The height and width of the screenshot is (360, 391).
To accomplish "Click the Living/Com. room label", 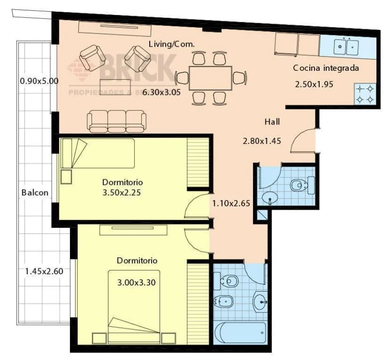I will [x=171, y=44].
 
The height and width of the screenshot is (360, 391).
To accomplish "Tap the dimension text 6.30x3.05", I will [x=162, y=92].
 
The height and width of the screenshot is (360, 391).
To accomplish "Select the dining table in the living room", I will [x=210, y=78].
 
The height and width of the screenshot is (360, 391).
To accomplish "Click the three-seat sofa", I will [x=116, y=121].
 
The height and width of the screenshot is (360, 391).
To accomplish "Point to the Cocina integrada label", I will [x=326, y=68].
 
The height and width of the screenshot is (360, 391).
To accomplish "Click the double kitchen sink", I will [x=346, y=47].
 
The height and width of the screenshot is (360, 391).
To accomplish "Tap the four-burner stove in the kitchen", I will [x=365, y=93].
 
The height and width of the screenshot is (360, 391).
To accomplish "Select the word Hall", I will [x=272, y=122].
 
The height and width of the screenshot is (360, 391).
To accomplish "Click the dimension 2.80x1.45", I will [x=262, y=141].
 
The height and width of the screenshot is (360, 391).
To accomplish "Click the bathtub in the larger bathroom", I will [x=239, y=332].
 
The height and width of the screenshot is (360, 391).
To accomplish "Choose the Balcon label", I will [x=34, y=193].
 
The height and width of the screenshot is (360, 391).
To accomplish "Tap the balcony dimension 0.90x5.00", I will [x=39, y=81].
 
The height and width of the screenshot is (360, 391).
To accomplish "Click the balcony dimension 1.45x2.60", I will [x=44, y=271].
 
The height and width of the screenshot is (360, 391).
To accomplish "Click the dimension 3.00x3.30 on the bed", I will [x=136, y=283].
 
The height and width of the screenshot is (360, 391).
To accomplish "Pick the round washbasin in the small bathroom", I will [x=270, y=197].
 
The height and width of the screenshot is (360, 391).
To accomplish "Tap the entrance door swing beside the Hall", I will [x=302, y=141].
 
